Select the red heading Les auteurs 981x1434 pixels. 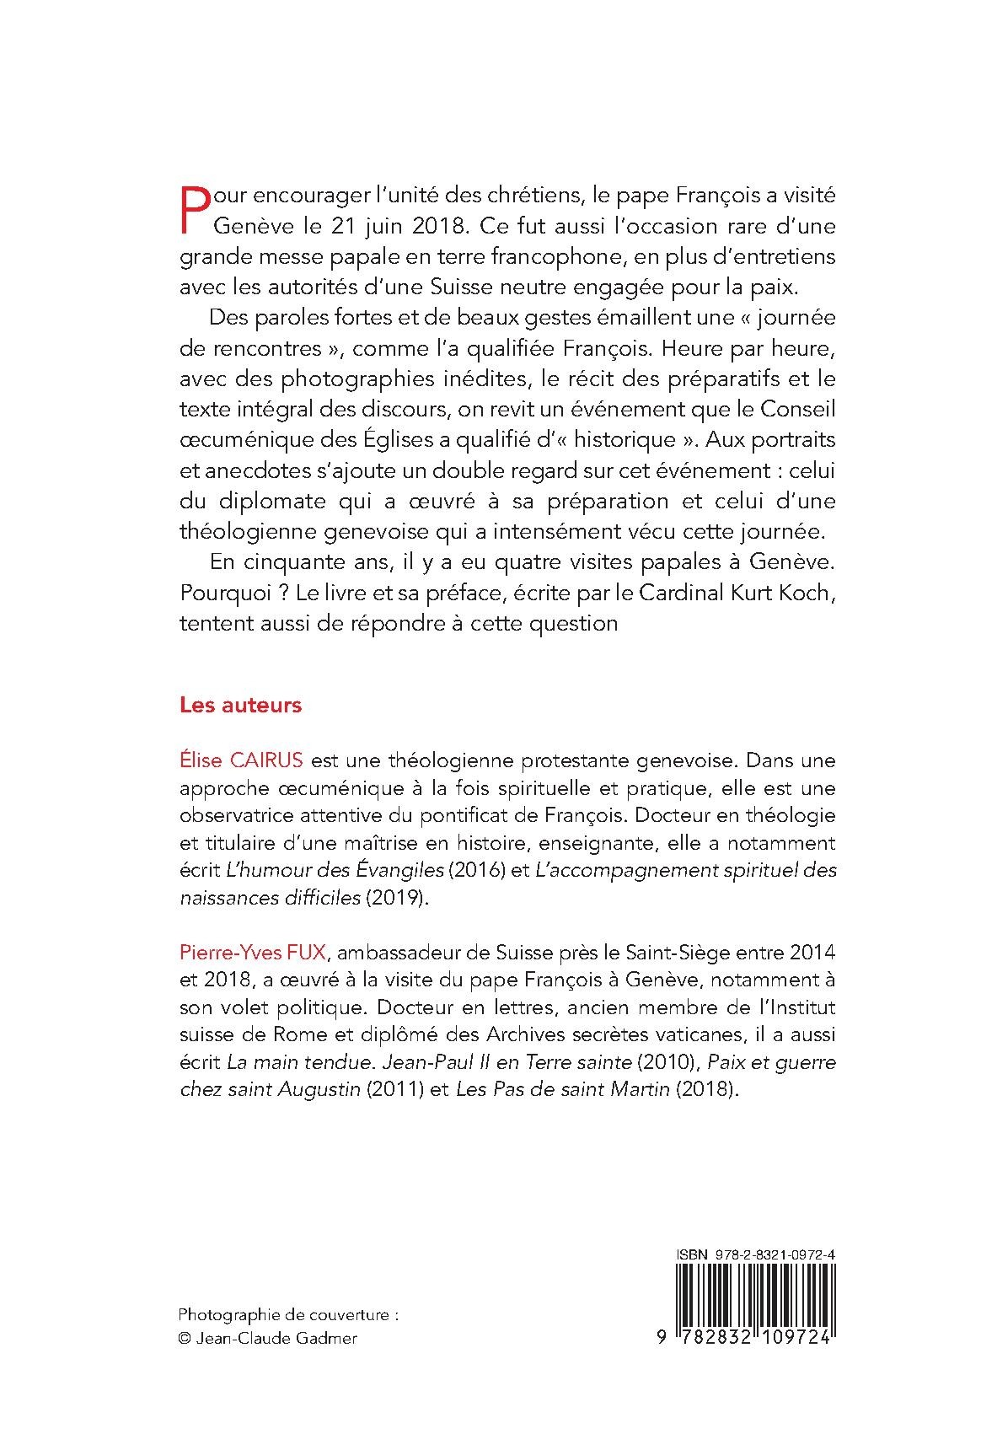click(x=240, y=705)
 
